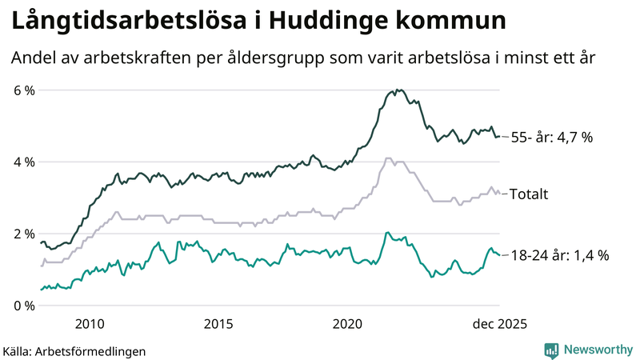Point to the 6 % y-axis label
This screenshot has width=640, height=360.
(24, 90)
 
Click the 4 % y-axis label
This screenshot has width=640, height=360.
(24, 162)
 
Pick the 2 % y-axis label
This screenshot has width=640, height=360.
(24, 234)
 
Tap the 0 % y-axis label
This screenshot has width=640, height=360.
(24, 306)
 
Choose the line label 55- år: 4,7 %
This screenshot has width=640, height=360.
(551, 138)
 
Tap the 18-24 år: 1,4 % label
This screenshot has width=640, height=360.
(559, 256)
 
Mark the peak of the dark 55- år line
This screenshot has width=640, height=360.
(398, 90)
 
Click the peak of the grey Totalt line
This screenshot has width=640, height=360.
(388, 158)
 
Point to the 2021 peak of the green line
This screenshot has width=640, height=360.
(387, 233)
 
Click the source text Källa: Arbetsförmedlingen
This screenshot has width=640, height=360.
(74, 350)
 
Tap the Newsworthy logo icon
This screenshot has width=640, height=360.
(551, 350)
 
